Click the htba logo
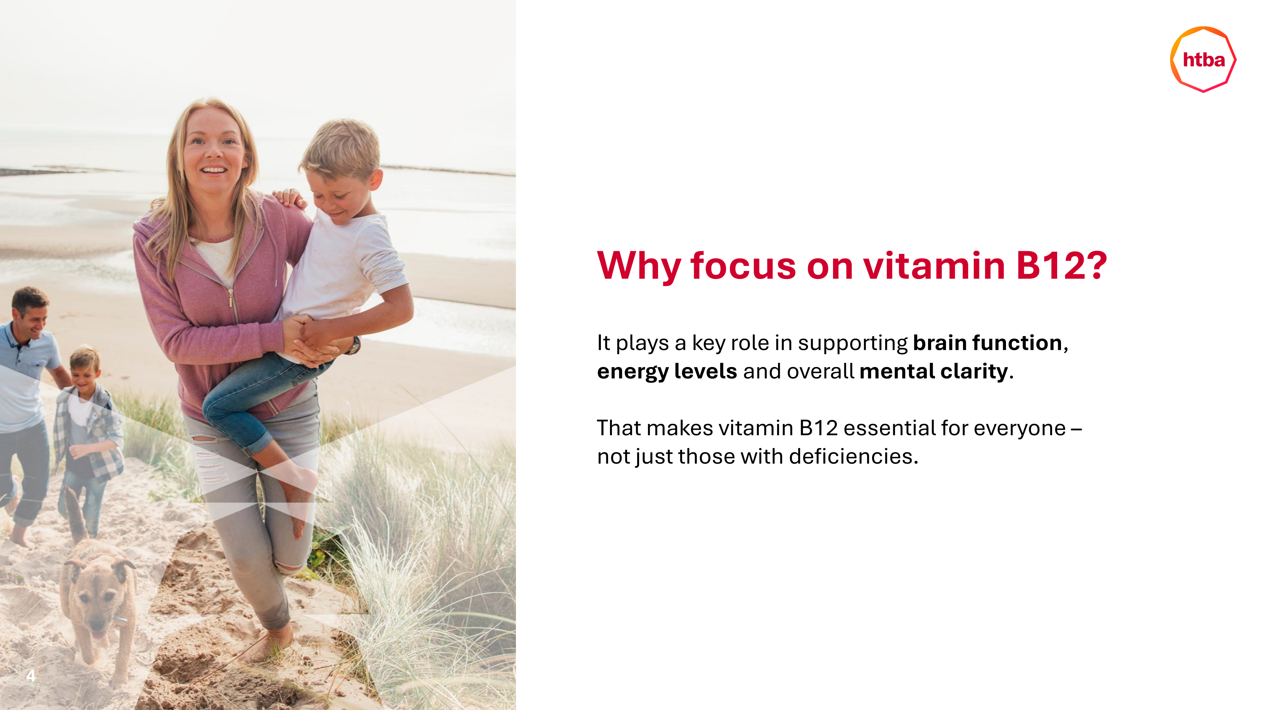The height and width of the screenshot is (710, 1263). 1203,59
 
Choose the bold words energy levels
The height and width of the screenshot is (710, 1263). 667,371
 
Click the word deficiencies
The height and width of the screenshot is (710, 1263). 853,456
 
